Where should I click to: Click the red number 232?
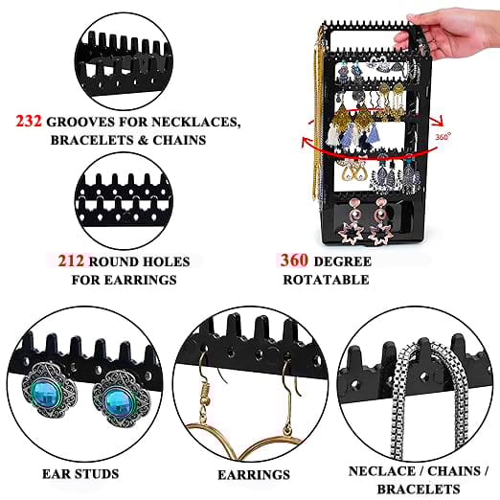click(29, 122)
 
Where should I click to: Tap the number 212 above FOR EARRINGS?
click(71, 261)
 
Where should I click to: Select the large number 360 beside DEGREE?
click(294, 261)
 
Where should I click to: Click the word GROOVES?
click(80, 122)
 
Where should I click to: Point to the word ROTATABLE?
click(326, 280)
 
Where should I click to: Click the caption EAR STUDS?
click(80, 474)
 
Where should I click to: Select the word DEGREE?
click(343, 261)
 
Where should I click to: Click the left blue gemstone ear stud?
click(47, 391)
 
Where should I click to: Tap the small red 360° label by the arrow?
click(443, 136)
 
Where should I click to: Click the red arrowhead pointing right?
click(438, 122)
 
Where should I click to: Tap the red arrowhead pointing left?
click(307, 141)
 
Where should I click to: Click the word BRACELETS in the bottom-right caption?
click(419, 489)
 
